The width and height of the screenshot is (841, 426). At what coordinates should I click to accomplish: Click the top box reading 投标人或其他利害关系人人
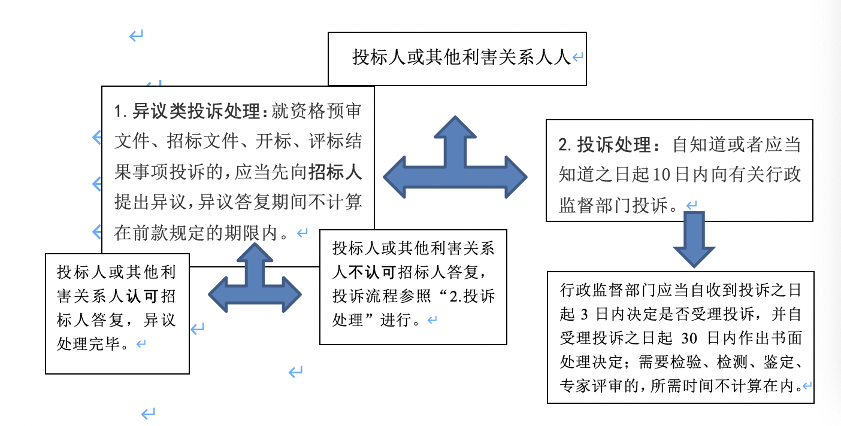457,59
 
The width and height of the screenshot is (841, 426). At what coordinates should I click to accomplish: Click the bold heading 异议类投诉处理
196,111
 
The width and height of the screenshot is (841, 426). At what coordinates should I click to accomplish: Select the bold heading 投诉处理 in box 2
613,145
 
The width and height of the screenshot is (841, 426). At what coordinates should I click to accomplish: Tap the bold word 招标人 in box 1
335,172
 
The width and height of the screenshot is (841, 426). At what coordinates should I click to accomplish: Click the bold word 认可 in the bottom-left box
141,296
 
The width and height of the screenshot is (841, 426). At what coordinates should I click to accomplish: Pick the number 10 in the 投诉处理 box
661,175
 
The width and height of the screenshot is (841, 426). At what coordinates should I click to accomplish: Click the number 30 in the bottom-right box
689,338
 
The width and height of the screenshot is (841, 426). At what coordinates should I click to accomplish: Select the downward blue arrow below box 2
694,239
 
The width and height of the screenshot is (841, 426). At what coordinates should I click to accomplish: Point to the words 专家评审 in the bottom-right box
591,386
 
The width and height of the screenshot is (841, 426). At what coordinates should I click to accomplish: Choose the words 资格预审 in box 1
316,111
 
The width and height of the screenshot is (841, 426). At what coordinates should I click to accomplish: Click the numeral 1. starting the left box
121,112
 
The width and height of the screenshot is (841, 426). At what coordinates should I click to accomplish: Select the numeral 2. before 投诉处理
565,145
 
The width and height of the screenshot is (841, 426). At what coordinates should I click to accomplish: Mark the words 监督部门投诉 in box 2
613,205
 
